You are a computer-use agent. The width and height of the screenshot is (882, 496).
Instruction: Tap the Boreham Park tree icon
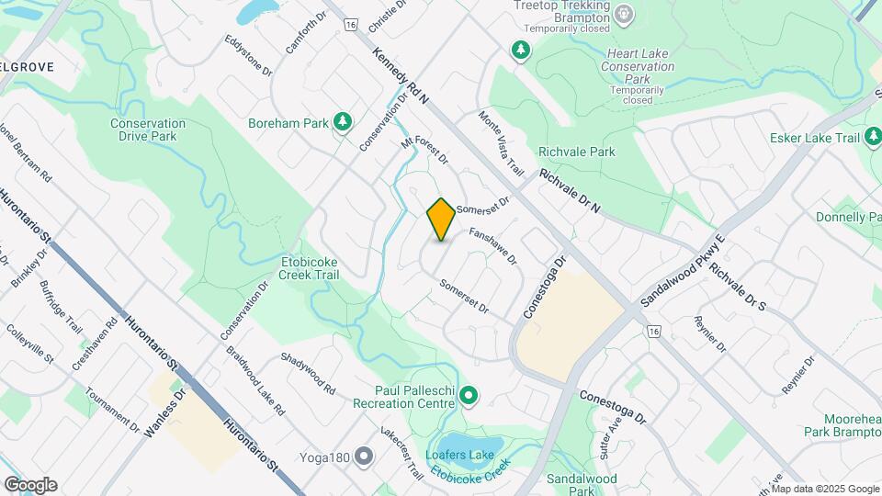point(343,122)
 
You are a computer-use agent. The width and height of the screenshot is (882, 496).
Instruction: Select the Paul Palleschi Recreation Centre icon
point(469,397)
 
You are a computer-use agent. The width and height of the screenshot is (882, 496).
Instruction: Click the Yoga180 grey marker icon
point(365,457)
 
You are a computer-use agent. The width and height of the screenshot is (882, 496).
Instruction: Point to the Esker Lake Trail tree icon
point(874,138)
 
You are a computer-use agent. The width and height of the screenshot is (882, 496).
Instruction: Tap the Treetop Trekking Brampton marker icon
point(625,14)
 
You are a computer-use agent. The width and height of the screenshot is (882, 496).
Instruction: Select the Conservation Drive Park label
point(148,130)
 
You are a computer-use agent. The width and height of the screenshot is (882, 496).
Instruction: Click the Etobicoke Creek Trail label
point(310,267)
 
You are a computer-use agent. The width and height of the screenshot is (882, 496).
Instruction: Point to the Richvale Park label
point(577,152)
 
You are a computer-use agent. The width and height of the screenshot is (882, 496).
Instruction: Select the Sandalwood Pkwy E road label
point(683,270)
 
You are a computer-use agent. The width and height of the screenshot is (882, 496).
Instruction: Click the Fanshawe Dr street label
point(493,246)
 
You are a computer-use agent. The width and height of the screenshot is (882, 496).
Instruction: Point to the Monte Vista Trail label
point(501,143)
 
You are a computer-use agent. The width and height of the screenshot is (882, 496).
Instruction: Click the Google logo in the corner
point(30,485)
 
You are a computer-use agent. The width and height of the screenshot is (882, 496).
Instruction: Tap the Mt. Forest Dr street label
point(424,150)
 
